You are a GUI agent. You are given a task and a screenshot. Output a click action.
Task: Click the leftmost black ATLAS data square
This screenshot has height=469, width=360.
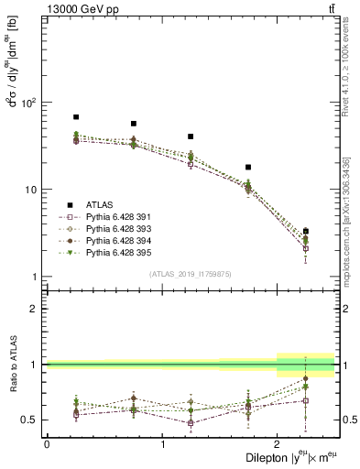point(76,117)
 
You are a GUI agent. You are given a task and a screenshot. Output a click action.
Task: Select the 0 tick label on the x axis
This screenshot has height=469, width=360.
point(47,443)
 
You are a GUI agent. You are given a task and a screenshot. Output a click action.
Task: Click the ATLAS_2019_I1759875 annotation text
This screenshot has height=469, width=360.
point(190,273)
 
